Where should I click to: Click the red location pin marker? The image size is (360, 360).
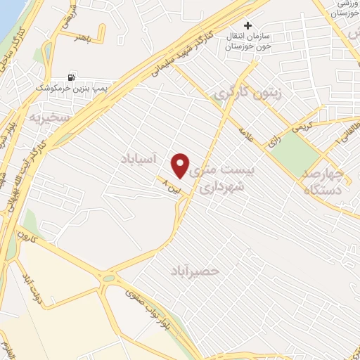tap(181, 165)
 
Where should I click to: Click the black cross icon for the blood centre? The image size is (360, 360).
tap(247, 25)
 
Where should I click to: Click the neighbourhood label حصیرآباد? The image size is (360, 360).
tap(195, 270)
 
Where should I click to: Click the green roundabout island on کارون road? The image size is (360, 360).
tap(109, 278)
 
